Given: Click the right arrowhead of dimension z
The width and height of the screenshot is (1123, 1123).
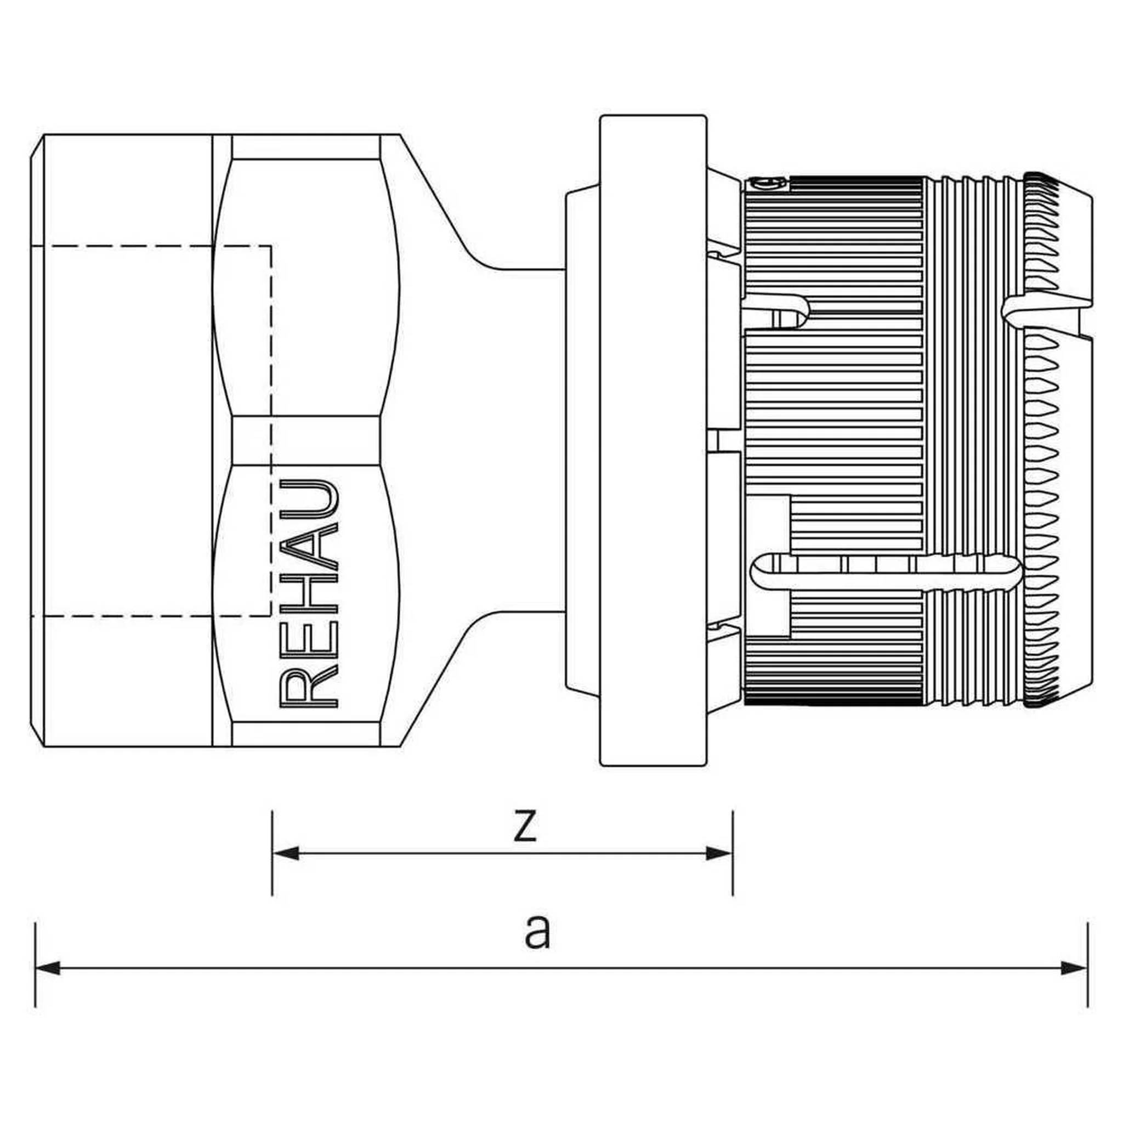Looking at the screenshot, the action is (719, 853).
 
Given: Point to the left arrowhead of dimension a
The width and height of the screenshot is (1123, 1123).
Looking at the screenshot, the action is (48, 968).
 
